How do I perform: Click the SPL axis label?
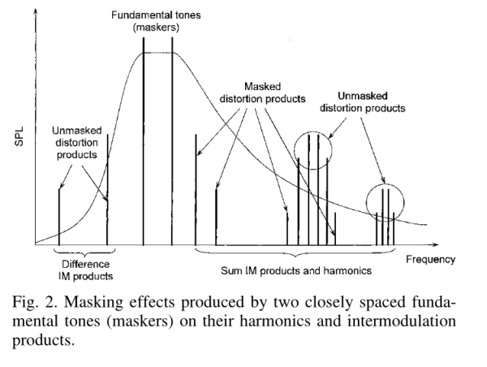click(19, 136)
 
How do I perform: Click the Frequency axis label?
click(430, 260)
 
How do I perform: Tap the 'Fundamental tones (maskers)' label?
click(156, 21)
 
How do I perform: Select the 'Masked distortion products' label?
click(262, 93)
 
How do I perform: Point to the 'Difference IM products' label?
click(85, 270)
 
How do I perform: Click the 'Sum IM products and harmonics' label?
click(296, 271)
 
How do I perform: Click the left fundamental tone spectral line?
click(144, 141)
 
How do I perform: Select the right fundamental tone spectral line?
click(172, 141)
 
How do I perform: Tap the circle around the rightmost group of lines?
click(367, 203)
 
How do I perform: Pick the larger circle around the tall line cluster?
click(295, 150)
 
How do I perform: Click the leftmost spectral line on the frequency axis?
click(59, 217)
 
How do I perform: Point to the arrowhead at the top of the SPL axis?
click(36, 11)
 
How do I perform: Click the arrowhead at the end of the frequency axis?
click(435, 245)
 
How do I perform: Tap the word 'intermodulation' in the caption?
click(402, 321)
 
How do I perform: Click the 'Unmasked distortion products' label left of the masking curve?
click(77, 143)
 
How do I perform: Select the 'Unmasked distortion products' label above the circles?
click(363, 102)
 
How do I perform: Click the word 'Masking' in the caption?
click(93, 303)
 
